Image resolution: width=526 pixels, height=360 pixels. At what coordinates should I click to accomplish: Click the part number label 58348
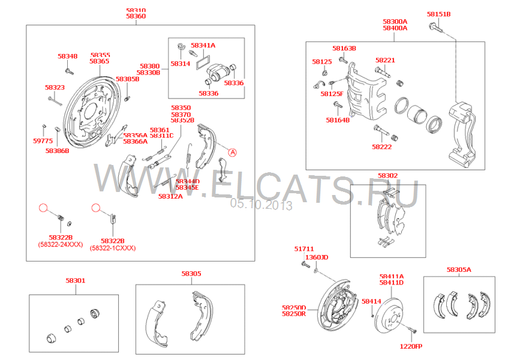coord(67,56)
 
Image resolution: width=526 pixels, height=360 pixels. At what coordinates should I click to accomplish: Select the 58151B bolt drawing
coord(435,28)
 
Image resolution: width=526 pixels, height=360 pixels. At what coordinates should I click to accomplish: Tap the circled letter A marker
coord(232,152)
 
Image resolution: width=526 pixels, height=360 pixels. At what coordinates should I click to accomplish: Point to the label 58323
coord(55,87)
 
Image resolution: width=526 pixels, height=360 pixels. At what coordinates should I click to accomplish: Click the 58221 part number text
coord(385,60)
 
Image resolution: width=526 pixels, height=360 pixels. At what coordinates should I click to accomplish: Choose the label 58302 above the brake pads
coord(387,175)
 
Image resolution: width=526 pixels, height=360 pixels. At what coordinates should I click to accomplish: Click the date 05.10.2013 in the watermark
coord(261,205)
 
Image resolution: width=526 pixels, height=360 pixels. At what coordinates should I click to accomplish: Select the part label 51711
coord(304,248)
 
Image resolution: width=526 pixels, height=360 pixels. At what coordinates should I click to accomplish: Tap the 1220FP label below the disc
coord(411,346)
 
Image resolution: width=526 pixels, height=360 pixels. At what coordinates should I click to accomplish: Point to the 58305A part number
coord(459,269)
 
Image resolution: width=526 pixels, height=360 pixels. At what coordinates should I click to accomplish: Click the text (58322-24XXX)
coord(61,244)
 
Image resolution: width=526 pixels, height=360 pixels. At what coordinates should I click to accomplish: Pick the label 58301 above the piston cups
coord(76,280)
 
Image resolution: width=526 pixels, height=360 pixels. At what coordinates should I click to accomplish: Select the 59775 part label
coord(43,141)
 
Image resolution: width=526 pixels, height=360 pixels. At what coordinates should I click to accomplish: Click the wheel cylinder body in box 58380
coord(218,73)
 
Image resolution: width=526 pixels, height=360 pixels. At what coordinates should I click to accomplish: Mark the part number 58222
coord(381,146)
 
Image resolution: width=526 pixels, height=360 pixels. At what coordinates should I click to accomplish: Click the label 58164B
coord(338,120)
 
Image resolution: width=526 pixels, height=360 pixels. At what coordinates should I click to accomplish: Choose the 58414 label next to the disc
coord(371,301)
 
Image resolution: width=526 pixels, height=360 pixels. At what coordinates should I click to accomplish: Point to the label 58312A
coord(170,196)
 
